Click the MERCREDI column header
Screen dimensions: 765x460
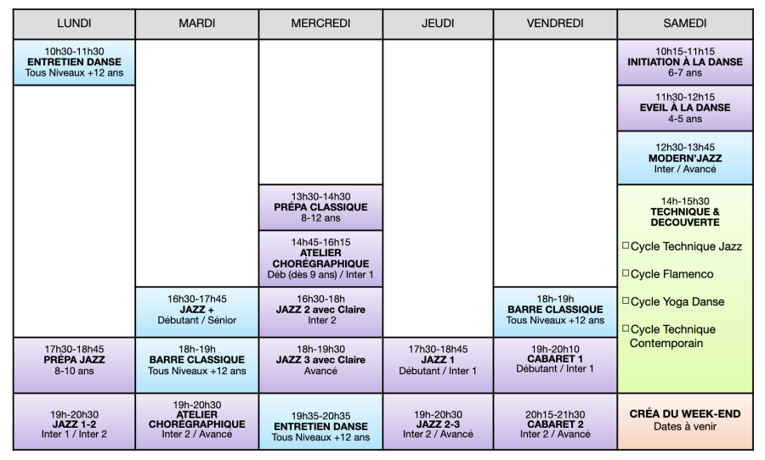pos(320,24)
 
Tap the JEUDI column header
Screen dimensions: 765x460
pos(438,24)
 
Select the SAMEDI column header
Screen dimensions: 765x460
pos(685,24)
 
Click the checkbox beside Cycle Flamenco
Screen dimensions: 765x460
pos(626,273)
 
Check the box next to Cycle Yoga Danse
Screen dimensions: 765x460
pos(626,301)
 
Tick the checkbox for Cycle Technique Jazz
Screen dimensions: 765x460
pos(626,245)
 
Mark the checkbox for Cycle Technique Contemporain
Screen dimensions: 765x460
pos(626,328)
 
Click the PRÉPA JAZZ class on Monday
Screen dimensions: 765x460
pos(74,365)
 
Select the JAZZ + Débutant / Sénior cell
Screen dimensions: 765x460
pos(196,311)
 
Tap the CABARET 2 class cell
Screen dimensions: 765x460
pos(555,422)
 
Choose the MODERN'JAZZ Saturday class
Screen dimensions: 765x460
pos(685,158)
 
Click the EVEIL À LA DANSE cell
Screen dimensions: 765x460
pos(685,108)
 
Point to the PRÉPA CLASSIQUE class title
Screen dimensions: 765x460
pos(320,207)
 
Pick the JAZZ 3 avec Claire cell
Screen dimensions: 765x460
pos(320,365)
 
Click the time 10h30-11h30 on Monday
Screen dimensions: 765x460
pos(74,51)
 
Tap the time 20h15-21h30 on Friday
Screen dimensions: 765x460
pos(555,414)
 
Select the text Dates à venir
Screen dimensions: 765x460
pos(685,427)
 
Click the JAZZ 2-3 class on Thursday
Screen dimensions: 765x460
pos(438,422)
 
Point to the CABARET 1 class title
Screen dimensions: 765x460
pos(555,359)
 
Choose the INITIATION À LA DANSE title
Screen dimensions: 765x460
pos(685,62)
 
